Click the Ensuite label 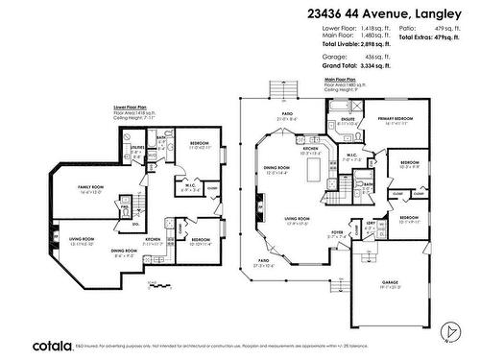point(348,121)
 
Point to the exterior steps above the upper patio point(279,89)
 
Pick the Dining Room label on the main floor point(277,171)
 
